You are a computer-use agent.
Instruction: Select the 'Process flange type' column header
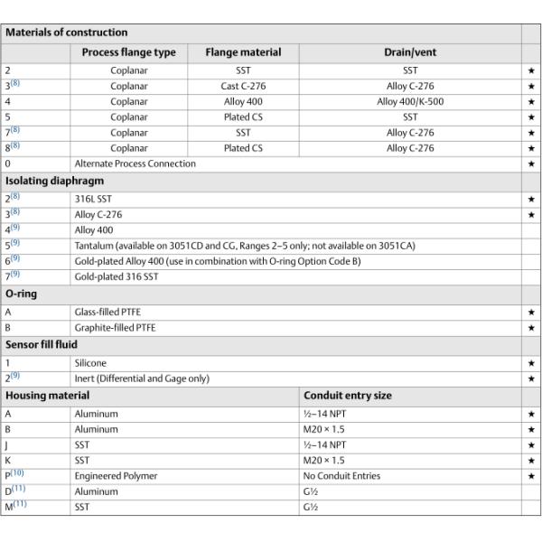[x=129, y=52]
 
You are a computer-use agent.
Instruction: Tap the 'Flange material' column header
[x=243, y=52]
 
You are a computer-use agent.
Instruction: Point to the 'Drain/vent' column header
[x=410, y=52]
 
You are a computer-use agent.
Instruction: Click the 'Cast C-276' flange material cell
[x=243, y=86]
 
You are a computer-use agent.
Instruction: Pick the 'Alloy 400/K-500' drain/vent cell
[x=410, y=102]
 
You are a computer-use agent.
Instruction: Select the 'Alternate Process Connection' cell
[x=135, y=164]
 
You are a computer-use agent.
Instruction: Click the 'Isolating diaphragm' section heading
[x=55, y=180]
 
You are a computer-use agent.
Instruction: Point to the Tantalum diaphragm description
[x=245, y=245]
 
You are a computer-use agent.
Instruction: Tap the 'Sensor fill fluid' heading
[x=42, y=344]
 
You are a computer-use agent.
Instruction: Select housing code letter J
[x=8, y=444]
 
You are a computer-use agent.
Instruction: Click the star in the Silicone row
[x=531, y=362]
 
